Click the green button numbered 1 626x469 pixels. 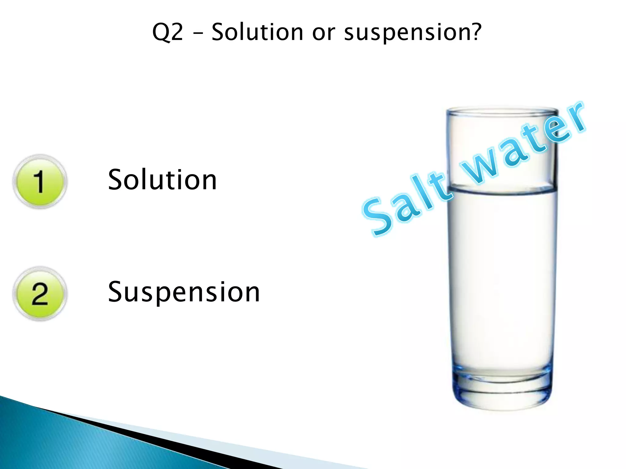40,182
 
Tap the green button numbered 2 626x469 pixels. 40,293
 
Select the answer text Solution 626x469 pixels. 162,180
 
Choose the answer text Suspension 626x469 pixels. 184,292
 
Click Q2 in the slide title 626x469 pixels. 168,32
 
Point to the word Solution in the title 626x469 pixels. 257,32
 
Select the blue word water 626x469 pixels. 523,144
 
